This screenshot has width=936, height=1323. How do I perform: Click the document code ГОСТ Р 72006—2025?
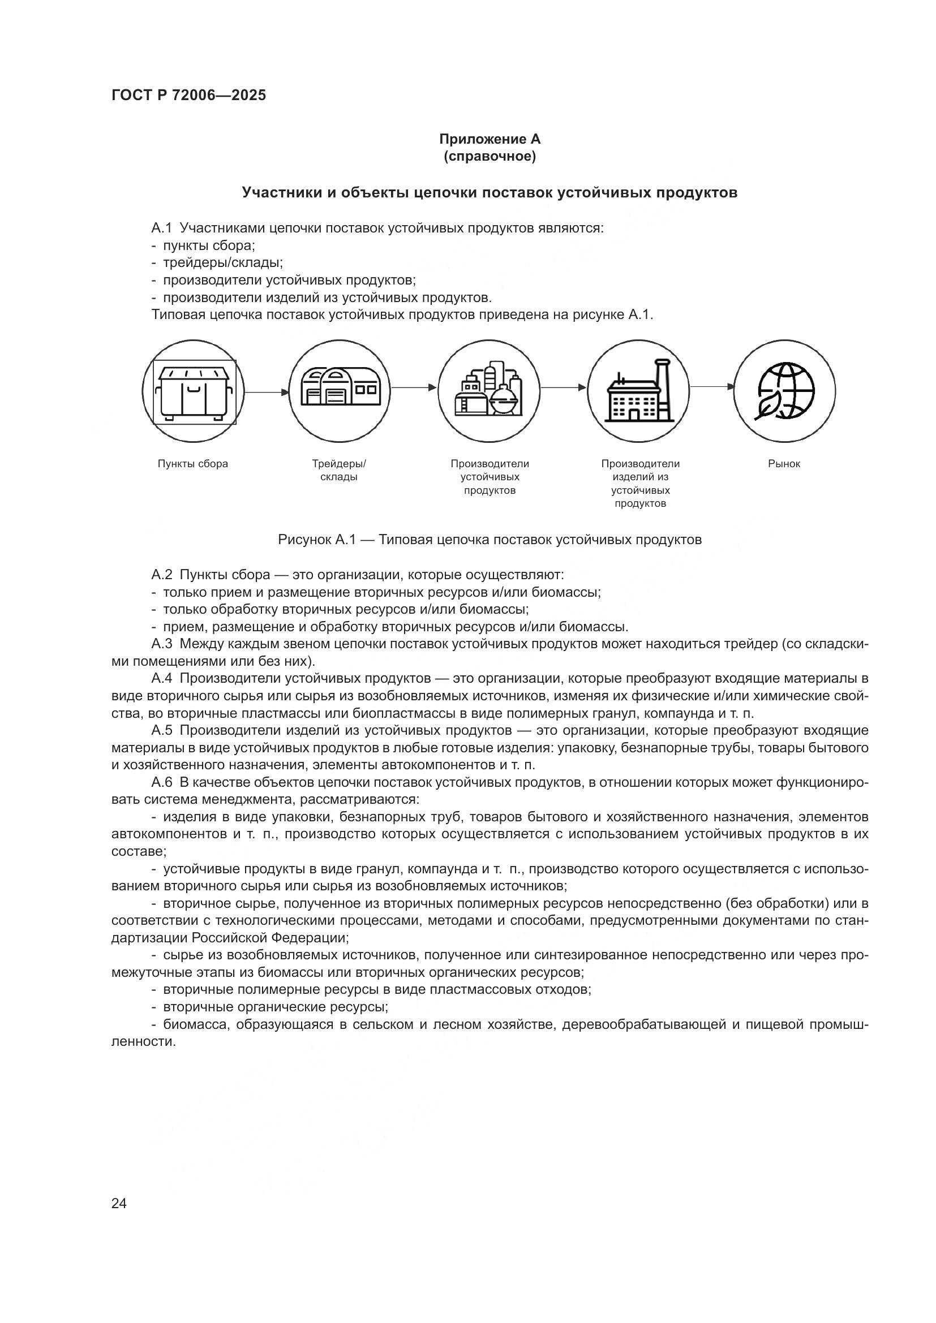point(188,96)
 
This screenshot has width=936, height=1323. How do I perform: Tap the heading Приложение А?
point(490,139)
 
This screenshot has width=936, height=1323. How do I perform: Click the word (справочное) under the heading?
point(490,156)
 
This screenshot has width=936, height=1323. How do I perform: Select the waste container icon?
point(194,392)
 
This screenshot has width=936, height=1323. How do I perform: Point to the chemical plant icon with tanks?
point(489,390)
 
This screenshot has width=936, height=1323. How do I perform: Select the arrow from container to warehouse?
point(267,392)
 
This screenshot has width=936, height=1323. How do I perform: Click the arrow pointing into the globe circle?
point(712,387)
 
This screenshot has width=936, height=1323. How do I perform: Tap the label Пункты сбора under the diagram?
point(193,464)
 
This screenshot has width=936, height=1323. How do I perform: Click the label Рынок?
point(784,464)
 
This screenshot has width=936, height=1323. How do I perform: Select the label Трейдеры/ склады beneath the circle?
point(339,470)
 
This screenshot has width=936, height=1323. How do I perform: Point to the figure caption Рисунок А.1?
point(490,540)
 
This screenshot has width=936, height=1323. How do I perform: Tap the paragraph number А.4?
point(162,678)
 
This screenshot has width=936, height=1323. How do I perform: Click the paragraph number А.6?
point(162,782)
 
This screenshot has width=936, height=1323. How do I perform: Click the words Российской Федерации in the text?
point(269,937)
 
